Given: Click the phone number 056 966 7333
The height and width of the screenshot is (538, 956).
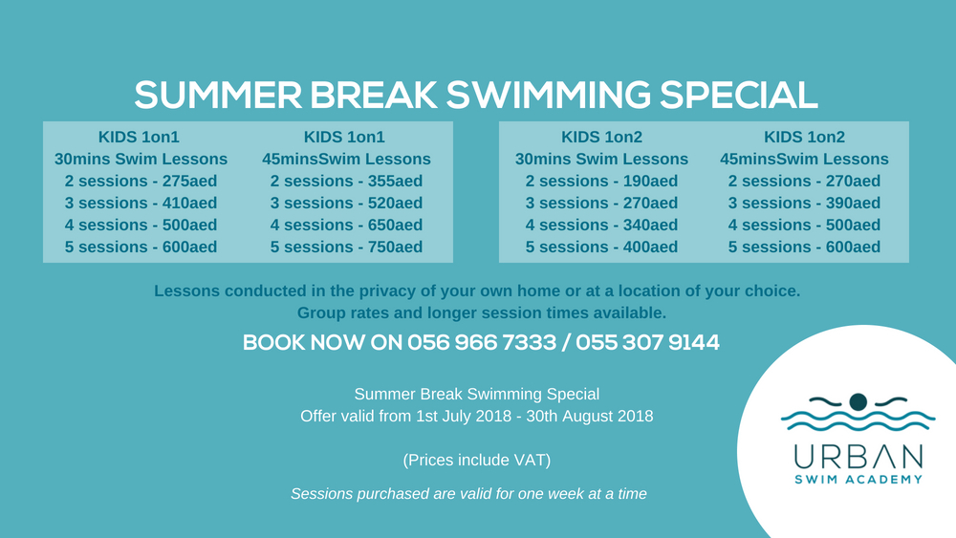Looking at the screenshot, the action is point(482,342).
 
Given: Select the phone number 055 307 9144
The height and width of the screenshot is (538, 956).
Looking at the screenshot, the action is point(647,342).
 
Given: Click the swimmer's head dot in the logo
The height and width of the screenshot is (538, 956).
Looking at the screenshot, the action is point(858,402).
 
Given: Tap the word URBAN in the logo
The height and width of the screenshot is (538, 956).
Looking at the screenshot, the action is point(858,457).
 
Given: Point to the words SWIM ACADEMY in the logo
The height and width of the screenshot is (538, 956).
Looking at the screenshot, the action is point(858,480).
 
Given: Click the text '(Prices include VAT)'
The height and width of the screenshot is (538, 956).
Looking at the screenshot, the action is point(477,460).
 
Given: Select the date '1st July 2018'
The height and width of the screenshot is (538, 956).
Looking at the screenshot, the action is point(465,416).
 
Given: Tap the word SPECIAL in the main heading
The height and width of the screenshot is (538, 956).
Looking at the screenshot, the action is point(738,96).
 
